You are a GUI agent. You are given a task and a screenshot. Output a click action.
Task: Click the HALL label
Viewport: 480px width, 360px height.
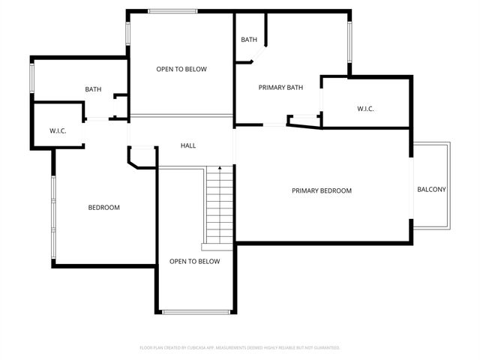click(188, 145)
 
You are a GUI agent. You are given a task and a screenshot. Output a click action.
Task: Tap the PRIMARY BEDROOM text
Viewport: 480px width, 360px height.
click(321, 190)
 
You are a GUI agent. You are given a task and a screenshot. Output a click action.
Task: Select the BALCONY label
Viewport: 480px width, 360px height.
click(431, 190)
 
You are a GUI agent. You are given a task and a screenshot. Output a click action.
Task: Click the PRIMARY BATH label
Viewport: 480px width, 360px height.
click(280, 88)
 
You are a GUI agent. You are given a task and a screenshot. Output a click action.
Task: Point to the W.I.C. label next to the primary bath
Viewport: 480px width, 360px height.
click(365, 109)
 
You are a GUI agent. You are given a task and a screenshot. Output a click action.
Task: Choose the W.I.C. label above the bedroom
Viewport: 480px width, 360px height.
click(58, 131)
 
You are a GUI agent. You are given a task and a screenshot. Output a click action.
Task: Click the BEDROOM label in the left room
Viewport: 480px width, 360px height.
click(103, 208)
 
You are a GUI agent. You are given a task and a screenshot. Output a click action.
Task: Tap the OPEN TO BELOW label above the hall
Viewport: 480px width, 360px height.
click(181, 69)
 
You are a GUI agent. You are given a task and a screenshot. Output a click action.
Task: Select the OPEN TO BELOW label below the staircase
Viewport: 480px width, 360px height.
click(194, 262)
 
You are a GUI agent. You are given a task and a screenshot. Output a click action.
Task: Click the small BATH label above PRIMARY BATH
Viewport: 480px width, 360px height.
click(249, 40)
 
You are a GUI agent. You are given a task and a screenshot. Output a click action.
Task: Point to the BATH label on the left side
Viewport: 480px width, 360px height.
click(93, 90)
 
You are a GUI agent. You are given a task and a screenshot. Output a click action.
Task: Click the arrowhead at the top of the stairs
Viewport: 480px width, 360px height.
click(220, 169)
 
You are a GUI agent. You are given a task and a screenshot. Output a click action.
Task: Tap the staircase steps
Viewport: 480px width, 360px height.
click(220, 206)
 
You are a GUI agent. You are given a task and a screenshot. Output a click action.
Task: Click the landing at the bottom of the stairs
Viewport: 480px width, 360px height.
click(217, 247)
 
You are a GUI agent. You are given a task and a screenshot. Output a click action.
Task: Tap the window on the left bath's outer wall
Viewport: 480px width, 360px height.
click(31, 78)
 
